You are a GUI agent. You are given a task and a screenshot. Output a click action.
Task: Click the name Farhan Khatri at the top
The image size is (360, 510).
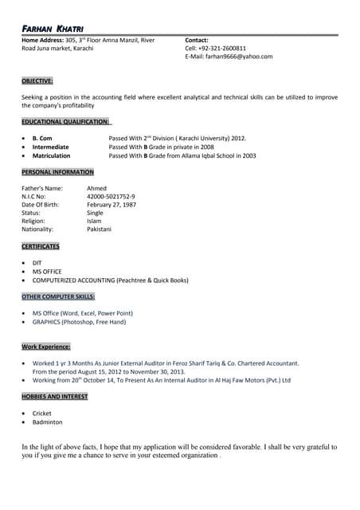pyautogui.click(x=51, y=29)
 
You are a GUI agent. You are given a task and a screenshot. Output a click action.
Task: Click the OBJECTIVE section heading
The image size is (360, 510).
pyautogui.click(x=37, y=80)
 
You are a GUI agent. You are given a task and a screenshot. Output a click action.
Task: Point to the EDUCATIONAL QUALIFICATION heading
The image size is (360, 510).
pyautogui.click(x=65, y=121)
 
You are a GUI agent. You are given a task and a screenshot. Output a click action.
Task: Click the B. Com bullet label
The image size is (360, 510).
pyautogui.click(x=42, y=138)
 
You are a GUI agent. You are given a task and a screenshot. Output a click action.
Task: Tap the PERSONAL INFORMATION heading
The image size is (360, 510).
pyautogui.click(x=57, y=172)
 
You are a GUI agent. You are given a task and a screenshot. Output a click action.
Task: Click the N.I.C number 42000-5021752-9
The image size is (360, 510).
pyautogui.click(x=111, y=196)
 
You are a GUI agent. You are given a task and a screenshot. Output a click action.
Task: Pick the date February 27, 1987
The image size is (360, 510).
pyautogui.click(x=111, y=205)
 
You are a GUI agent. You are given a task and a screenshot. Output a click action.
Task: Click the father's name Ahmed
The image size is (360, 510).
pyautogui.click(x=96, y=188)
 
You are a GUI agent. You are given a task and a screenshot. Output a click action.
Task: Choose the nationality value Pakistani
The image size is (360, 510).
pyautogui.click(x=99, y=229)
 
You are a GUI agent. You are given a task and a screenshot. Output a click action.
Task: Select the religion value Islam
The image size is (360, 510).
pyautogui.click(x=94, y=221)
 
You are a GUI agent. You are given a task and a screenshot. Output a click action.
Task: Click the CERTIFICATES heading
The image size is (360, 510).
pyautogui.click(x=40, y=246)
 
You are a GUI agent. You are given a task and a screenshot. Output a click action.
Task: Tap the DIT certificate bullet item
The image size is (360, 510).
pyautogui.click(x=37, y=263)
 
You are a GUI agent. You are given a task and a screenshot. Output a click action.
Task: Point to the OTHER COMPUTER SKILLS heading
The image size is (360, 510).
pyautogui.click(x=58, y=296)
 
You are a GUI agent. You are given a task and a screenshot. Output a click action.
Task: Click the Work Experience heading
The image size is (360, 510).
pyautogui.click(x=46, y=347)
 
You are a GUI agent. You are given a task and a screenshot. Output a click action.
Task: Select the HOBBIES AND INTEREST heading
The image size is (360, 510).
pyautogui.click(x=55, y=396)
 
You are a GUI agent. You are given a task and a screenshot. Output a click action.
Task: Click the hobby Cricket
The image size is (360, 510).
pyautogui.click(x=41, y=414)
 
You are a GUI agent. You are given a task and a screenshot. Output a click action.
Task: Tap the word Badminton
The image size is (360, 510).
pyautogui.click(x=47, y=422)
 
